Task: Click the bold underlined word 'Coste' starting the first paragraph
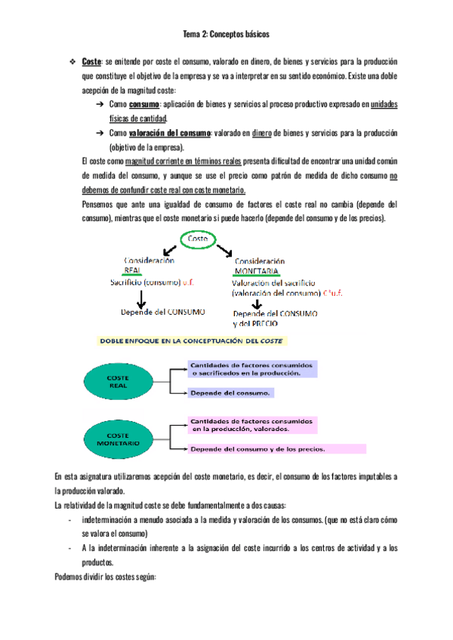click(x=90, y=61)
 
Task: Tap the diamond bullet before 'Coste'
click(x=72, y=61)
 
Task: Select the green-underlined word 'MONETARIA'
click(x=257, y=270)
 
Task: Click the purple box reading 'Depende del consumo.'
click(x=231, y=392)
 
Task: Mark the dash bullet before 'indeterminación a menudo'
click(x=69, y=520)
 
